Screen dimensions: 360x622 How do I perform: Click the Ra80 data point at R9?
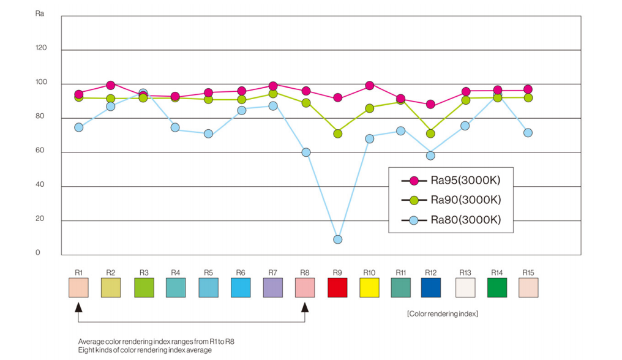tap(338, 239)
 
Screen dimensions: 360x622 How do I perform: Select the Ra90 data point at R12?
tap(431, 133)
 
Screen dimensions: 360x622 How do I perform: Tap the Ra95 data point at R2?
tap(111, 85)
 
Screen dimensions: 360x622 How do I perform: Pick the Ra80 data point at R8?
tap(306, 152)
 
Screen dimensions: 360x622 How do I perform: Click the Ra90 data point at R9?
tap(338, 133)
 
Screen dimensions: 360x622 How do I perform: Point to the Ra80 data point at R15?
tap(528, 132)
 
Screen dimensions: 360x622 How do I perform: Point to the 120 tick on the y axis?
tap(42, 48)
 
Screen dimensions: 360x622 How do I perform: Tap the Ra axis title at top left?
tap(40, 13)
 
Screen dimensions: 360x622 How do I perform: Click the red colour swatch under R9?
tap(337, 288)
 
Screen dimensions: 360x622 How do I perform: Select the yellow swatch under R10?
tap(369, 288)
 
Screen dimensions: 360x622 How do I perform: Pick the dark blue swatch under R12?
tap(431, 288)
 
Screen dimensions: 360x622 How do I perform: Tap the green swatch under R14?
tap(497, 288)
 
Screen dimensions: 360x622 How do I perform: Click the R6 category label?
tap(241, 272)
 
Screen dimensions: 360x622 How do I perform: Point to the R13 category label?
tap(466, 272)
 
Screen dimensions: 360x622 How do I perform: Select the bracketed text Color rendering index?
tap(443, 313)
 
